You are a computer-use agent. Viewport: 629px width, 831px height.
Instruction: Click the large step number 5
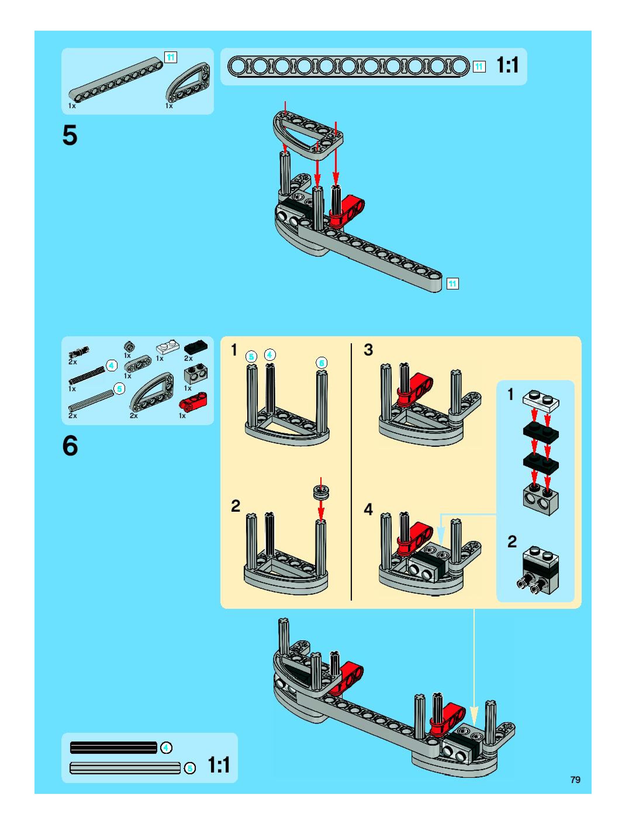pos(70,135)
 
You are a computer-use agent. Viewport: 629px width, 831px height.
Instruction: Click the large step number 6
pos(70,446)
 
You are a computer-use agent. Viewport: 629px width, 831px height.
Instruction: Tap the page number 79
pos(575,780)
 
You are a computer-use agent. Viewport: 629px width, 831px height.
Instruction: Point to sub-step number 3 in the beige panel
pos(368,350)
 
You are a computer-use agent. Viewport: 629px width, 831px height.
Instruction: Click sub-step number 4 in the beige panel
pos(368,509)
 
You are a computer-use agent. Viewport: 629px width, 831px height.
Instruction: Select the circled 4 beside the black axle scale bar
pos(166,748)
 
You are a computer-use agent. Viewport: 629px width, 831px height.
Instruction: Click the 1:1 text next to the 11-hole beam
pos(508,65)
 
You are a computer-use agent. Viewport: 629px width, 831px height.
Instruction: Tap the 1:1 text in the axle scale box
pos(219,765)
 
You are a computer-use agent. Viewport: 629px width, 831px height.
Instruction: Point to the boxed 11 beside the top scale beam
pos(479,67)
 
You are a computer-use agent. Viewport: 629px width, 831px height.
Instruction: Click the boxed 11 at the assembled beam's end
pos(452,284)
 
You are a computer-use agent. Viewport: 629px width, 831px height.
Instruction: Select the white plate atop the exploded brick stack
pos(541,399)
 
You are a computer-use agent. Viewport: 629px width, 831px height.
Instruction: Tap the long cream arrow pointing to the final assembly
pos(474,665)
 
